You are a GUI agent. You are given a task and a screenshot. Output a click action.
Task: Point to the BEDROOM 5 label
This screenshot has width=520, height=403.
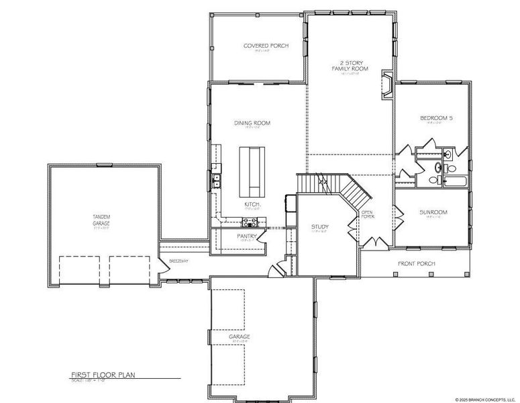[x=436, y=118]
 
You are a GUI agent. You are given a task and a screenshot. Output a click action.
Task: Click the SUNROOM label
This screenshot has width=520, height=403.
[x=433, y=212]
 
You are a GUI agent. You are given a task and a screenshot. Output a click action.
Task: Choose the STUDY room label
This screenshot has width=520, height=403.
[x=319, y=227]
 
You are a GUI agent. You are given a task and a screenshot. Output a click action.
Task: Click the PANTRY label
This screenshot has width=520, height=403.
[x=248, y=236]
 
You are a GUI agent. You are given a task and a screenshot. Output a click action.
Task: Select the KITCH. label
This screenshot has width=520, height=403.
[x=252, y=204]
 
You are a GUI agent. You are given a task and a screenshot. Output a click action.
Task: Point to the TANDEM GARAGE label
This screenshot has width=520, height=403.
[x=102, y=219]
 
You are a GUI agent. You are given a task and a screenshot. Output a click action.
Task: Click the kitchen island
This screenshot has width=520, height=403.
[x=254, y=168]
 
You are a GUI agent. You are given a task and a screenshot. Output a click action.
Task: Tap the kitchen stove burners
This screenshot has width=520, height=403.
[x=250, y=222]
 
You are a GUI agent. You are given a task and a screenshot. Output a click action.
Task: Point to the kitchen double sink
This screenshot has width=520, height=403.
[x=216, y=179]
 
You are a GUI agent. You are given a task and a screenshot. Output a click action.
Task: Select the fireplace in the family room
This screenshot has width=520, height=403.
[x=387, y=84]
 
